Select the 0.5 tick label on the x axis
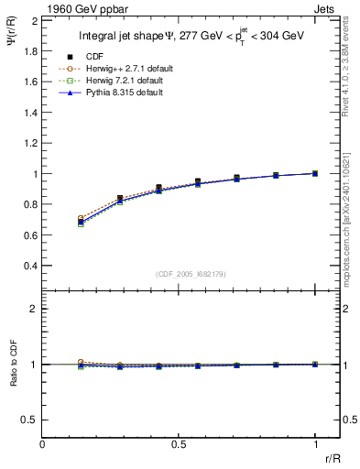[x=179, y=444]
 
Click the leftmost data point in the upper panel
[x=82, y=221]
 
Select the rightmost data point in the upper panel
[x=315, y=173]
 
